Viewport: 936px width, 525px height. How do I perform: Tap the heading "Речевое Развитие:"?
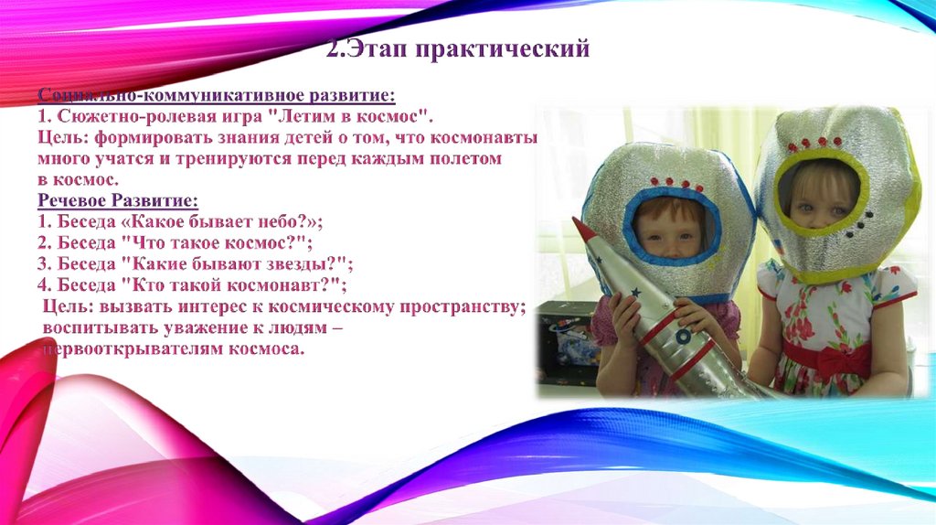coord(118,200)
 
